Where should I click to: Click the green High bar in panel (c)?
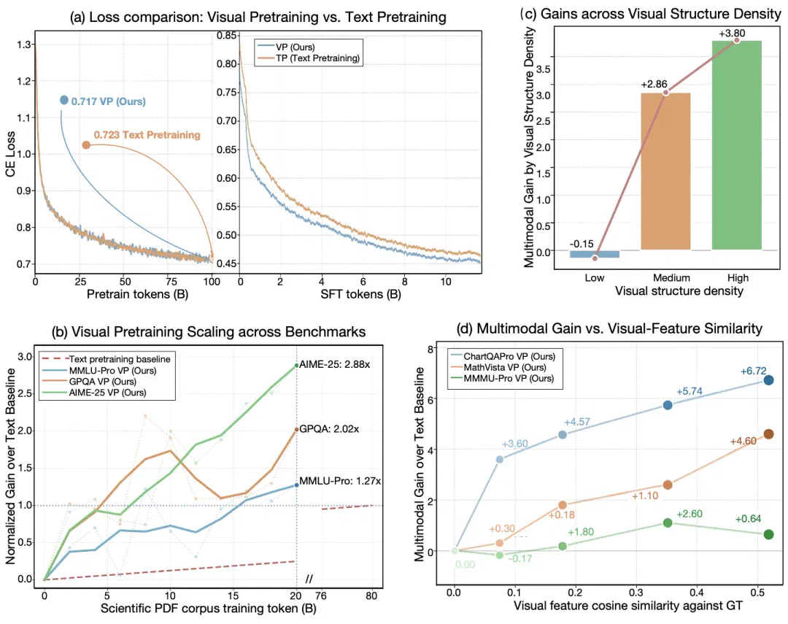(x=737, y=145)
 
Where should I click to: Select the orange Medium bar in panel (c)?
(x=665, y=171)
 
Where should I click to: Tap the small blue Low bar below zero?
(x=595, y=254)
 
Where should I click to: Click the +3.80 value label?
(x=732, y=33)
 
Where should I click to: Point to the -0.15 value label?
(x=582, y=244)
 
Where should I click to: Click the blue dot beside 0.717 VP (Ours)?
(x=63, y=100)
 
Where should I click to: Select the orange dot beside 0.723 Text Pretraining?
(x=86, y=145)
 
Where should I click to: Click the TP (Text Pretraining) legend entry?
(x=309, y=58)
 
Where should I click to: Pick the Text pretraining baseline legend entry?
(x=106, y=359)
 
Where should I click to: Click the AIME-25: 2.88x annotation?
(x=335, y=364)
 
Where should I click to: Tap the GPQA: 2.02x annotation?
(x=329, y=429)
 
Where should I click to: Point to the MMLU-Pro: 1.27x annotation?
(x=340, y=481)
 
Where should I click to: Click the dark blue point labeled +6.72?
(x=768, y=380)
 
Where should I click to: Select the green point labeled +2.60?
(x=668, y=523)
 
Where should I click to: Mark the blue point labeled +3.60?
(x=500, y=459)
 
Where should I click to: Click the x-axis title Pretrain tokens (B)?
(x=137, y=294)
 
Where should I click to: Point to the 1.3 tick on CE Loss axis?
(x=23, y=45)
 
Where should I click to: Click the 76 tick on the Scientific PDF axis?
(x=320, y=596)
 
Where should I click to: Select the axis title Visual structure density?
(x=679, y=291)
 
